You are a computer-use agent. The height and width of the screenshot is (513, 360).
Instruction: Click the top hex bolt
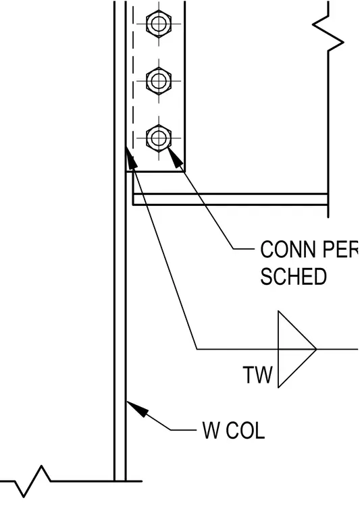coord(159,24)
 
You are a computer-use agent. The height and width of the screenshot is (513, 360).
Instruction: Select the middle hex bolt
coord(159,80)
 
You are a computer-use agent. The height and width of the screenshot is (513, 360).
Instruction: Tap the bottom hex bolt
coord(159,138)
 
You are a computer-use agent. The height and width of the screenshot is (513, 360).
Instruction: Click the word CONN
coord(288,249)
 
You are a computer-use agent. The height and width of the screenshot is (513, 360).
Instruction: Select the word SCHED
coord(294,277)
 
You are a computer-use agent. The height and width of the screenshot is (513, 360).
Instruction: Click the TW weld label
coord(257,375)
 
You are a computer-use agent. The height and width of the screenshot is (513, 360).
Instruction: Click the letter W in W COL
coord(212,430)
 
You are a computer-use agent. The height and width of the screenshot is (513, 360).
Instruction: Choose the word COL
coord(245,430)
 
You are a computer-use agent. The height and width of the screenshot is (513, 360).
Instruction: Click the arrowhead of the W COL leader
coord(137,408)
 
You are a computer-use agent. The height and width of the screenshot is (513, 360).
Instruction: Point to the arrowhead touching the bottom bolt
coord(175,157)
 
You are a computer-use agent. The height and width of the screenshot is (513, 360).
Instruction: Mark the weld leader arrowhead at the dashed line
coord(131,159)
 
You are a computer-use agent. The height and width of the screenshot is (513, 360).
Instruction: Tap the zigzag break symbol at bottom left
coord(32,481)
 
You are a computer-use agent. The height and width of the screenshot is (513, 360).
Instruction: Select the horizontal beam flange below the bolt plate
coord(230,199)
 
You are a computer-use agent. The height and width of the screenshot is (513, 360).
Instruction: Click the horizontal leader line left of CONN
coord(244,249)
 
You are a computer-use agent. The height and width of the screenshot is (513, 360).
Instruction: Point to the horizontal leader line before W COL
coord(184,430)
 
